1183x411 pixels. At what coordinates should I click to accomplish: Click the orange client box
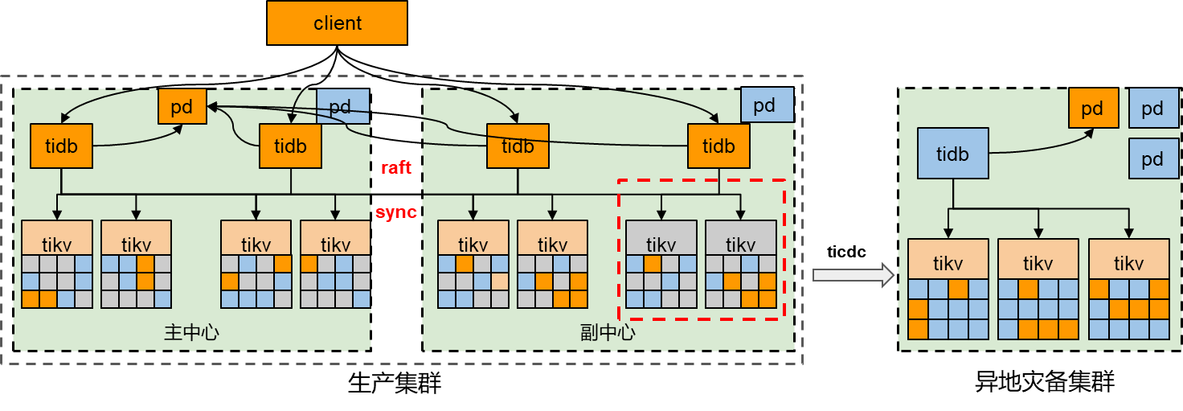[337, 23]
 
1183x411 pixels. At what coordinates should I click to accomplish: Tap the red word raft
[395, 167]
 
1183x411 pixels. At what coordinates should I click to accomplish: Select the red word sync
[396, 213]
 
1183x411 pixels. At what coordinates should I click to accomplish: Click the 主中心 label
[191, 332]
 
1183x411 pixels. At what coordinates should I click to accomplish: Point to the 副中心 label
[607, 332]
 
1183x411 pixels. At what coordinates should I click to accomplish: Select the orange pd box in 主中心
[182, 107]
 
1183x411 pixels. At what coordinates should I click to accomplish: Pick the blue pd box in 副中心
[767, 105]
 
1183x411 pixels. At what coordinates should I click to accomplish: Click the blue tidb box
[952, 153]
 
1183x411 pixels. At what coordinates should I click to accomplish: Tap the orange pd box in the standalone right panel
[1093, 108]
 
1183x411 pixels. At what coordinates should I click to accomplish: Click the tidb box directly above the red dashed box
[718, 146]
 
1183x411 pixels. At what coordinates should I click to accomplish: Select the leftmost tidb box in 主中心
[61, 146]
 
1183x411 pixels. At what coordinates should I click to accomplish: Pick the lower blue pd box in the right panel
[1152, 158]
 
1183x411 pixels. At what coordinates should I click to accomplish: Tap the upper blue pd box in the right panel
[1152, 109]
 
